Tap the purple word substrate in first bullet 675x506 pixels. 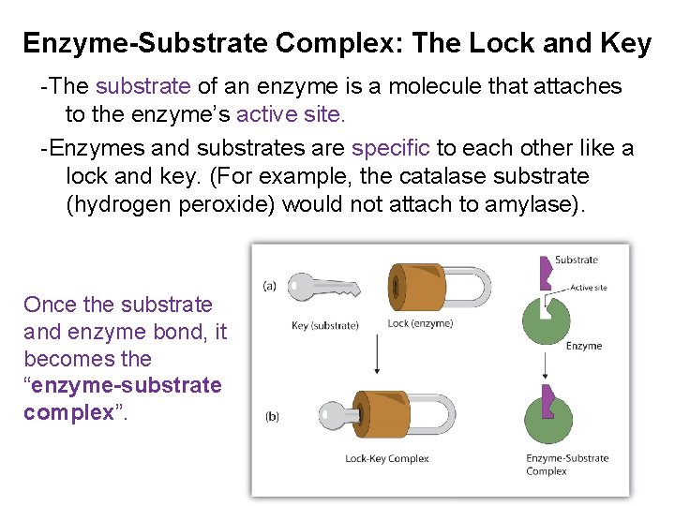click(x=143, y=86)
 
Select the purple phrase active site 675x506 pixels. click(x=291, y=114)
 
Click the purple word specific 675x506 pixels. click(x=391, y=148)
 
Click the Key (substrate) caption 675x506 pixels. click(x=325, y=326)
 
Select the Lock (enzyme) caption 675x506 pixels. click(x=420, y=324)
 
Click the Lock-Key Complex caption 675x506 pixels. click(x=387, y=458)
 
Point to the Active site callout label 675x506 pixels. click(x=589, y=288)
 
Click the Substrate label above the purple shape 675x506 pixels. click(x=576, y=260)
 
